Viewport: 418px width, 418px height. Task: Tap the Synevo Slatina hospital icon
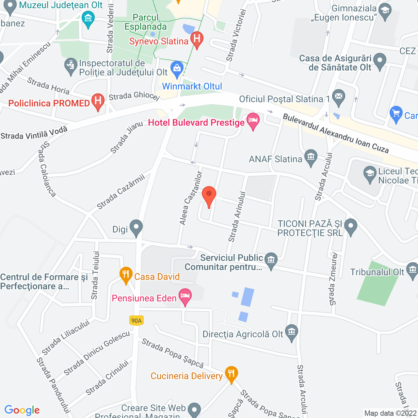197,39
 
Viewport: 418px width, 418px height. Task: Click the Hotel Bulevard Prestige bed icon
253,121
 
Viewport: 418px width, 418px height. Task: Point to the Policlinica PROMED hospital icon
98,101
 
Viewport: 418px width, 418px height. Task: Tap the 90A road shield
137,321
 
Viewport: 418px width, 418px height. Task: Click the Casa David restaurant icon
126,275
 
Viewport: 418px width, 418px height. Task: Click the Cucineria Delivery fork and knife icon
231,374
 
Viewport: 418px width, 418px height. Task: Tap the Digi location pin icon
136,227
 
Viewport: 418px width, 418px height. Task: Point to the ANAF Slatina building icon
311,157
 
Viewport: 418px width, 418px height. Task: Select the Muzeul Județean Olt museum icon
88,18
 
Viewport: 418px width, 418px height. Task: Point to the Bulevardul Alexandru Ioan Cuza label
336,133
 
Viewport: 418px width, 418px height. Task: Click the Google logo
22,410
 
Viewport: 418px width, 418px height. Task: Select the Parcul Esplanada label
146,22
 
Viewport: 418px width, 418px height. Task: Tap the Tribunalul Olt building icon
412,270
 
